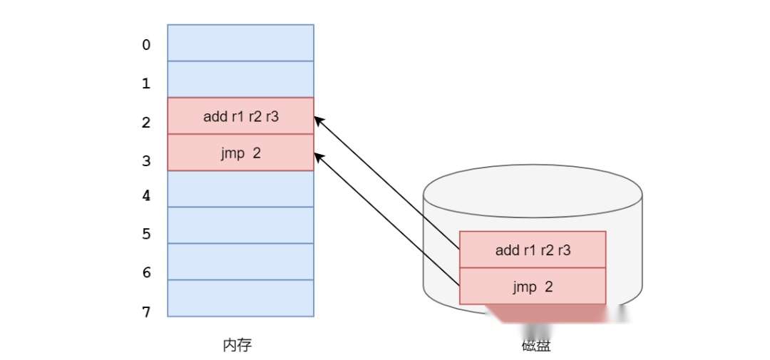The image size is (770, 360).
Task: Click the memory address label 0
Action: coord(146,45)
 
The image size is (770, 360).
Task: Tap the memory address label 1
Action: coord(146,83)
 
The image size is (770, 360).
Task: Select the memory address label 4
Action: coord(146,195)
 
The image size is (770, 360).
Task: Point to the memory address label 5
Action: coord(146,234)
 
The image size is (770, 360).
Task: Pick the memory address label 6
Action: coord(146,272)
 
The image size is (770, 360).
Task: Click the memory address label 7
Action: coord(146,312)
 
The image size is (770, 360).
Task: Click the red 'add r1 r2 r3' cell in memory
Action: coord(241,116)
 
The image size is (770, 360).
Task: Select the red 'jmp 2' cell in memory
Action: coord(241,153)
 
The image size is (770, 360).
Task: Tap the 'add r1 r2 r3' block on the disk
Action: coord(533,250)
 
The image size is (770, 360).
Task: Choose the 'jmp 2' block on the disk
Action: coord(533,287)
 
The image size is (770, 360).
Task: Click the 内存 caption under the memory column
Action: coord(237,346)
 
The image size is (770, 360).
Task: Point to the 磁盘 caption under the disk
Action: coord(535,346)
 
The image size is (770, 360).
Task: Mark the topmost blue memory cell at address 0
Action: coord(241,43)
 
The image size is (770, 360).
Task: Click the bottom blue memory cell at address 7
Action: coord(241,299)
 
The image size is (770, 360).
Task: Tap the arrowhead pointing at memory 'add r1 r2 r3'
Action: coord(318,120)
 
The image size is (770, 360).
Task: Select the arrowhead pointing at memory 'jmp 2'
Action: coord(318,157)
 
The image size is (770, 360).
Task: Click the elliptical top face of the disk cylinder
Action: coord(533,191)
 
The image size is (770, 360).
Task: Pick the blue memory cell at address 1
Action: coord(241,79)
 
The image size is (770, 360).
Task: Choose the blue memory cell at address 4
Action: coord(241,189)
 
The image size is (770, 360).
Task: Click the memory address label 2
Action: coord(146,123)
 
